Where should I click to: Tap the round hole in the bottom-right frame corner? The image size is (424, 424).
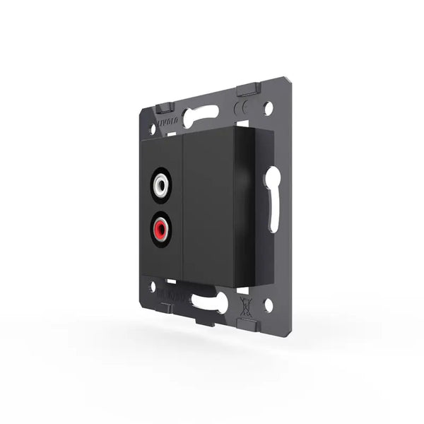[268, 305]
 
